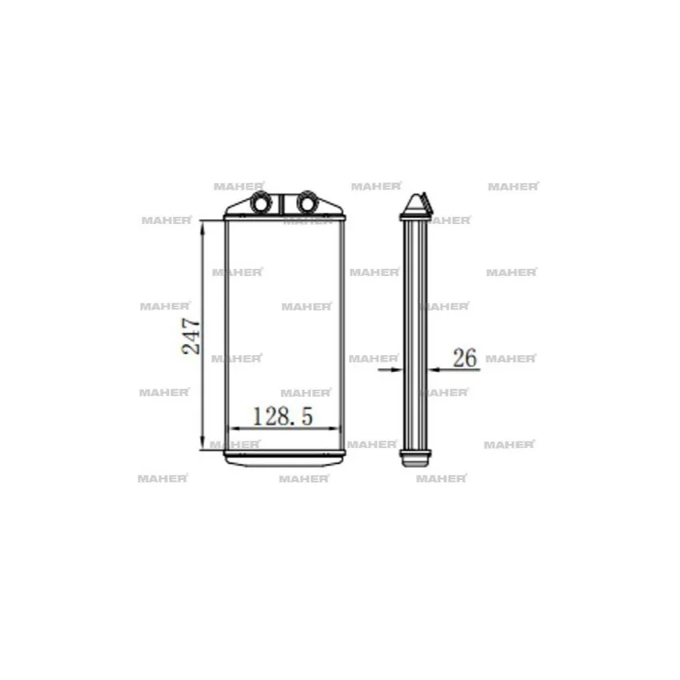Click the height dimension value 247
point(191,337)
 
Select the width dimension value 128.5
point(282,416)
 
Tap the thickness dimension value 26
point(465,358)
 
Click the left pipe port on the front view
point(261,202)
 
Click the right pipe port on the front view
point(307,202)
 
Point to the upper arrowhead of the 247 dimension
point(202,227)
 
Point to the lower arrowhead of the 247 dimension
point(202,443)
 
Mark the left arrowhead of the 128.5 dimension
point(234,429)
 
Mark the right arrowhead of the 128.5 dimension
point(334,429)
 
